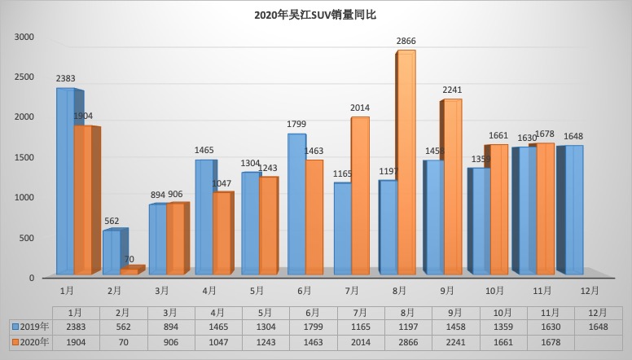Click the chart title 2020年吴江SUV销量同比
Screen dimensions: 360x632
(x=315, y=15)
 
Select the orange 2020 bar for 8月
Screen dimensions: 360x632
(x=406, y=163)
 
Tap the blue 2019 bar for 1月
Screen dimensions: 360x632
(x=65, y=181)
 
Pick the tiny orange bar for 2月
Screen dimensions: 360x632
(x=129, y=271)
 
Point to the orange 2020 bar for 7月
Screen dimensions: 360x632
(x=360, y=195)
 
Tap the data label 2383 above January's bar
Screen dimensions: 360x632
(x=66, y=78)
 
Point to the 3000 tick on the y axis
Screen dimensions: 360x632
(x=24, y=37)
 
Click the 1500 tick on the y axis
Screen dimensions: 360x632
(x=24, y=158)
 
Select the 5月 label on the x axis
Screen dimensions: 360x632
(x=256, y=290)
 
